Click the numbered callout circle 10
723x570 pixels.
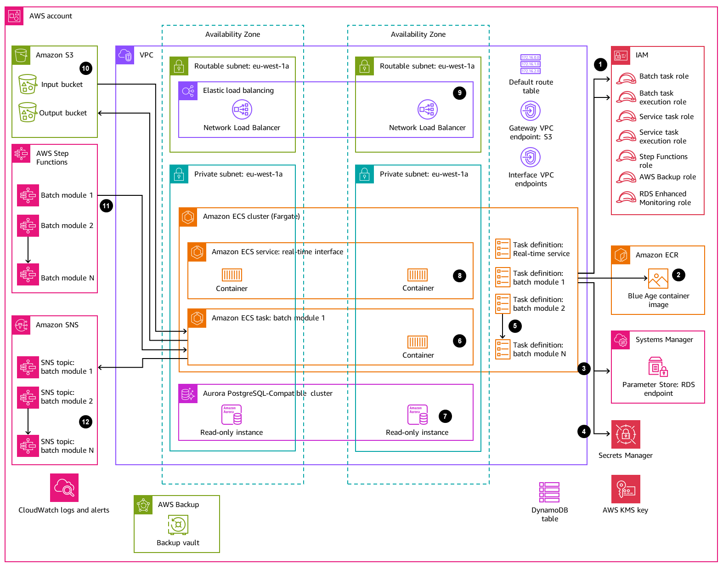(x=85, y=68)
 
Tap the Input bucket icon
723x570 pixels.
(x=28, y=84)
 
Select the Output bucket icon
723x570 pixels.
(x=28, y=112)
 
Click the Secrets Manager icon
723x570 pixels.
(x=626, y=434)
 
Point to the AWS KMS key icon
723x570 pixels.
(x=626, y=489)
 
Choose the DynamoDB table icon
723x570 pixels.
(x=549, y=492)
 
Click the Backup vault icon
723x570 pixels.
(x=178, y=524)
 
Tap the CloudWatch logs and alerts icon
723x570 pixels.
(x=64, y=488)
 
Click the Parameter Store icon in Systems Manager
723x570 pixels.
(x=658, y=367)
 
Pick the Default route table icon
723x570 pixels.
(x=531, y=64)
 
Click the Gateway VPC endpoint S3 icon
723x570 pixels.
(x=531, y=111)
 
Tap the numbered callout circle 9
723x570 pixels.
(x=459, y=93)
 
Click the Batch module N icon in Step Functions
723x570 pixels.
(x=28, y=274)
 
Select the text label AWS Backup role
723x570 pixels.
(x=667, y=177)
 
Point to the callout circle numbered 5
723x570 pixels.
(x=515, y=326)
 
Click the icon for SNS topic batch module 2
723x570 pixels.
(x=28, y=397)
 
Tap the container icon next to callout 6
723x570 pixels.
(x=418, y=342)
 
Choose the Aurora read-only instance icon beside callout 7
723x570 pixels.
(x=418, y=415)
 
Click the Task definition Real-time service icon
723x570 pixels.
(x=503, y=249)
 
